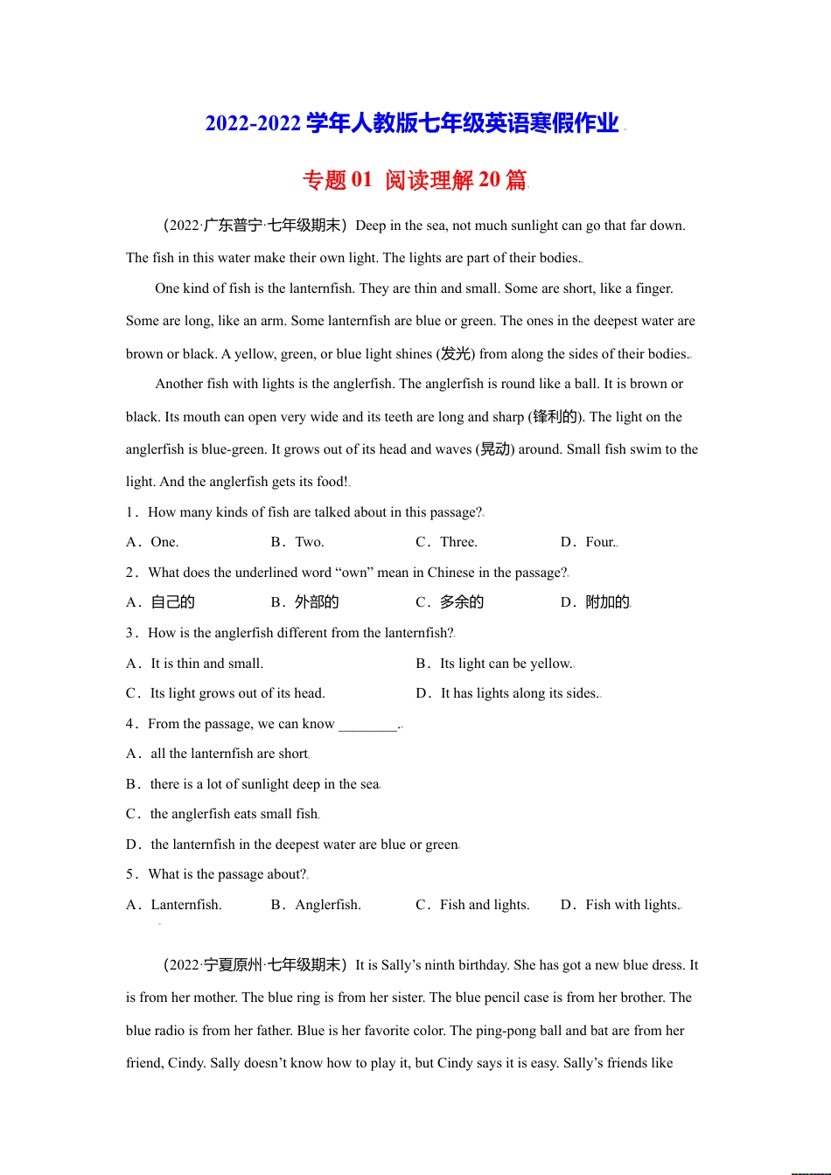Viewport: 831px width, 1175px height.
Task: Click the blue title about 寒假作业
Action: click(x=412, y=123)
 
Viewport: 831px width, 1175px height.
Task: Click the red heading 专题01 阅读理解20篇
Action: click(x=415, y=180)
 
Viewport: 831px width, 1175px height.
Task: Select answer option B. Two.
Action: click(x=297, y=542)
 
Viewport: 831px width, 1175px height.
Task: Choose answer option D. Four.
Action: click(x=588, y=542)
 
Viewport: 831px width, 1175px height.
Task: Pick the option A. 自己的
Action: click(x=161, y=602)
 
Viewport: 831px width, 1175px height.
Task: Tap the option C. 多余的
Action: click(x=450, y=602)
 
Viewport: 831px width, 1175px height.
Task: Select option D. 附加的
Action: click(x=595, y=602)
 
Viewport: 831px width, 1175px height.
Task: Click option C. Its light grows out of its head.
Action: click(x=226, y=693)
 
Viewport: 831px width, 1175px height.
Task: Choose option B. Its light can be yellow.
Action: click(x=494, y=664)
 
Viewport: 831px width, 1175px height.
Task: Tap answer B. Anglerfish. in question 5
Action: click(x=316, y=905)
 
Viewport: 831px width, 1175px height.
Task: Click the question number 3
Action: click(x=130, y=633)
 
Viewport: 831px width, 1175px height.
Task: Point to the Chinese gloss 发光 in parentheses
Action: click(x=456, y=354)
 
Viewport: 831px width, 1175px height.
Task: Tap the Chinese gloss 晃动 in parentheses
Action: click(x=495, y=449)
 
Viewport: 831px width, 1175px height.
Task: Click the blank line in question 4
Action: click(x=367, y=725)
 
